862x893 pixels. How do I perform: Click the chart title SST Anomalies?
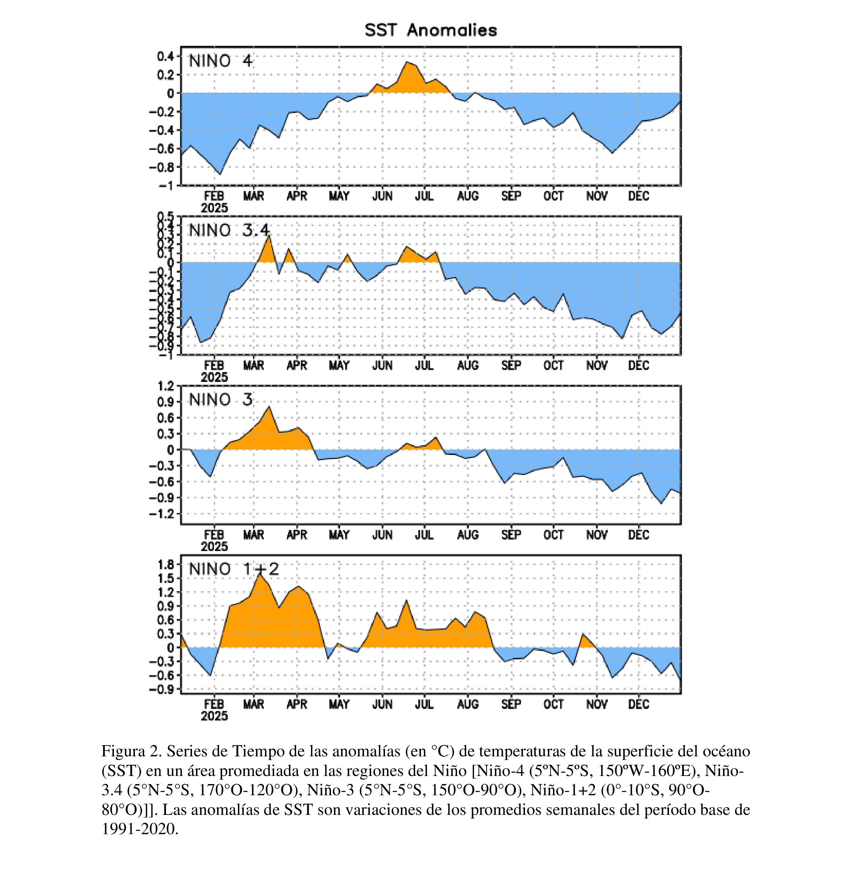(430, 30)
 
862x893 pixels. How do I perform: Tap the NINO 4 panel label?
(220, 61)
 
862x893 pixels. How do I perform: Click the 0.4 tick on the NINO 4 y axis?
(165, 56)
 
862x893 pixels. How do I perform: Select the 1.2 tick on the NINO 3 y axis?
(165, 386)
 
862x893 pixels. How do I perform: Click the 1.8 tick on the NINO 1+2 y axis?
(165, 565)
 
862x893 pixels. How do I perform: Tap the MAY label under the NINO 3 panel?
(339, 535)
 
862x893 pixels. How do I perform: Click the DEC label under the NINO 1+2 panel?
(639, 704)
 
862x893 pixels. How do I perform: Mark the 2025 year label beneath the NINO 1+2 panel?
(214, 716)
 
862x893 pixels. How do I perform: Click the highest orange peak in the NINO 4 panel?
(407, 62)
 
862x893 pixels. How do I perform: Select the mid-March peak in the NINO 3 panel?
(269, 406)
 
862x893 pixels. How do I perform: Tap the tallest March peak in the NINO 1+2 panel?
(260, 574)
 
